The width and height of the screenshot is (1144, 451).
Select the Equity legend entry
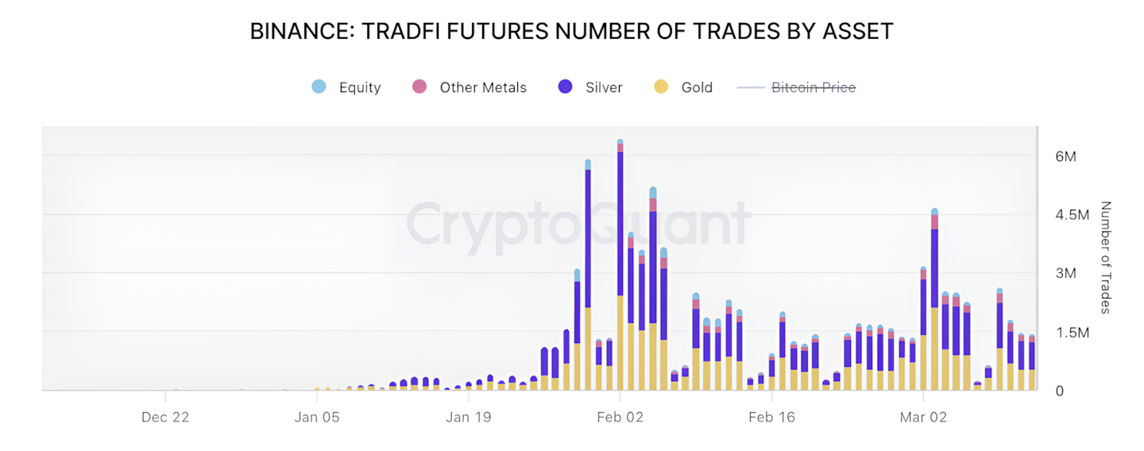pyautogui.click(x=346, y=87)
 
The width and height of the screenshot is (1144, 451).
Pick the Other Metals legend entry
pyautogui.click(x=470, y=87)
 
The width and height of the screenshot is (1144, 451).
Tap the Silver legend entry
pyautogui.click(x=590, y=87)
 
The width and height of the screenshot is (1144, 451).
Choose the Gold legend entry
pyautogui.click(x=684, y=87)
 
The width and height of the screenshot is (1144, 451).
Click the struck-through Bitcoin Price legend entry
pyautogui.click(x=798, y=87)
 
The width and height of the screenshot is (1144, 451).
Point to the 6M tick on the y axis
pyautogui.click(x=1065, y=156)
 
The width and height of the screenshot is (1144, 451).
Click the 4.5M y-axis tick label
pyautogui.click(x=1072, y=215)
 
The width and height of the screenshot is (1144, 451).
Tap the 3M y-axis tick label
pyautogui.click(x=1065, y=274)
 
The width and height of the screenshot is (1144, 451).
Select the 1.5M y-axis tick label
pyautogui.click(x=1072, y=333)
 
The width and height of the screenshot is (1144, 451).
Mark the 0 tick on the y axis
pyautogui.click(x=1059, y=391)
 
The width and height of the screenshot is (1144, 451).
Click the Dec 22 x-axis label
pyautogui.click(x=165, y=417)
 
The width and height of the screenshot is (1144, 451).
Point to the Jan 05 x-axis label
pyautogui.click(x=316, y=417)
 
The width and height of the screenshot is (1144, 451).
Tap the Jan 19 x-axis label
pyautogui.click(x=468, y=417)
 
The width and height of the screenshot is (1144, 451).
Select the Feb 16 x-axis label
pyautogui.click(x=771, y=417)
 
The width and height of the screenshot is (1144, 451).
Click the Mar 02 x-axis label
pyautogui.click(x=923, y=417)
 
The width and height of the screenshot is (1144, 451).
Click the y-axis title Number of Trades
pyautogui.click(x=1105, y=257)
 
